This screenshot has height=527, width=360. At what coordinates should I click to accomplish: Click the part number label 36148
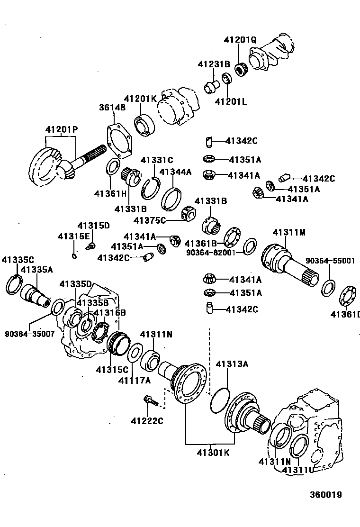click(x=112, y=108)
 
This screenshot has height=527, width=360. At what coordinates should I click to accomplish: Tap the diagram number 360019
click(x=326, y=495)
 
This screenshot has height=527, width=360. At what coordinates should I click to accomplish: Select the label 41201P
click(x=61, y=129)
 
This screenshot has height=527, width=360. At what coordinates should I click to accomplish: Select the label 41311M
click(x=289, y=232)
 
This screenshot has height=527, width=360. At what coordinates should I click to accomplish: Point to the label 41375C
click(x=150, y=220)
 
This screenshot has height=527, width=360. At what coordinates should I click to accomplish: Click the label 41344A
click(x=175, y=172)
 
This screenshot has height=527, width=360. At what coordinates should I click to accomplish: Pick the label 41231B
click(x=214, y=64)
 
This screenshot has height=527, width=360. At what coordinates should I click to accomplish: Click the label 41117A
click(x=135, y=381)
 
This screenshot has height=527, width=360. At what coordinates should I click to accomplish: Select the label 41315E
click(x=73, y=236)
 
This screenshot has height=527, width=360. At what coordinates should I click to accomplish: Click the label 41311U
click(x=298, y=470)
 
